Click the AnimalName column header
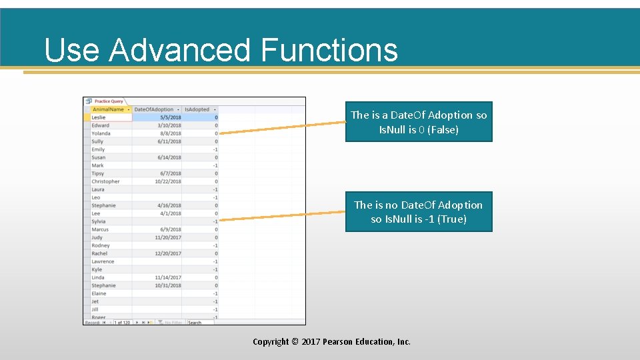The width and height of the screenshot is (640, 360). (x=108, y=109)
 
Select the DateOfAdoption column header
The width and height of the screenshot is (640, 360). (x=153, y=109)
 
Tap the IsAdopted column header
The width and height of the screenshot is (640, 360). (x=197, y=109)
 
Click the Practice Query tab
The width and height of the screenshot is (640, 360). (x=109, y=101)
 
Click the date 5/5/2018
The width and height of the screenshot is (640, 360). (x=170, y=117)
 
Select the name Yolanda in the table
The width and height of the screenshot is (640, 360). (x=101, y=133)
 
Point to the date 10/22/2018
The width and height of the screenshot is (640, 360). (x=168, y=181)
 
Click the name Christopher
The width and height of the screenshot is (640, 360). (x=105, y=181)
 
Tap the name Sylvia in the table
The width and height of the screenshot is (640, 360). (x=99, y=221)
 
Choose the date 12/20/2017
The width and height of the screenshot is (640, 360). (x=168, y=253)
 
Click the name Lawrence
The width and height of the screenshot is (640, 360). (x=103, y=261)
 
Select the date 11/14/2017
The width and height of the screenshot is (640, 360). (x=168, y=277)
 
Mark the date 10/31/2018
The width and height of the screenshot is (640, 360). (x=168, y=285)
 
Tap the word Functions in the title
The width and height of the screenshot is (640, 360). (x=329, y=50)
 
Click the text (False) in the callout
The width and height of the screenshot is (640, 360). (x=443, y=130)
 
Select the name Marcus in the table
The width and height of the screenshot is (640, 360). (x=100, y=229)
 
